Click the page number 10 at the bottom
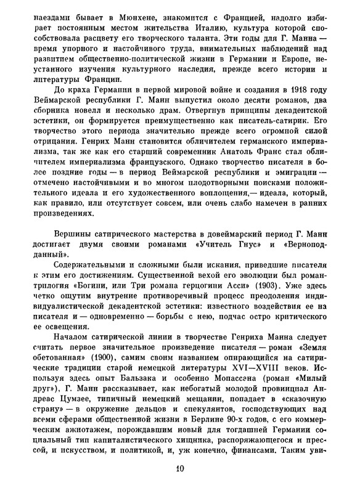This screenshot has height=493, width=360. [179, 486]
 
